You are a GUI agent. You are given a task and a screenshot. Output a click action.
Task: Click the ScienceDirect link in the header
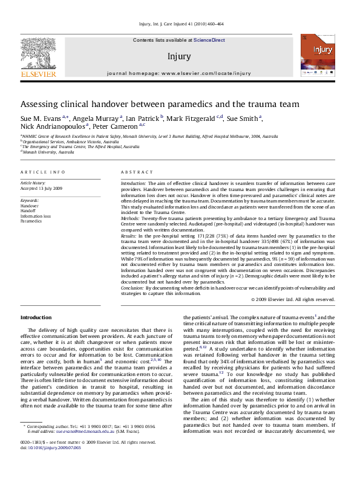click(209, 39)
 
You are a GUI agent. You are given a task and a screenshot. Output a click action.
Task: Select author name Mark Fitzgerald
click(191, 118)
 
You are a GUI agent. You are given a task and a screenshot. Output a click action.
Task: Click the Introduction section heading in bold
click(36, 317)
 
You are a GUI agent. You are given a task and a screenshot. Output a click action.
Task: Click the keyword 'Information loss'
click(35, 216)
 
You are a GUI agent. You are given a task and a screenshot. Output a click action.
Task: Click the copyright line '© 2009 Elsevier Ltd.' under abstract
click(293, 299)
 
